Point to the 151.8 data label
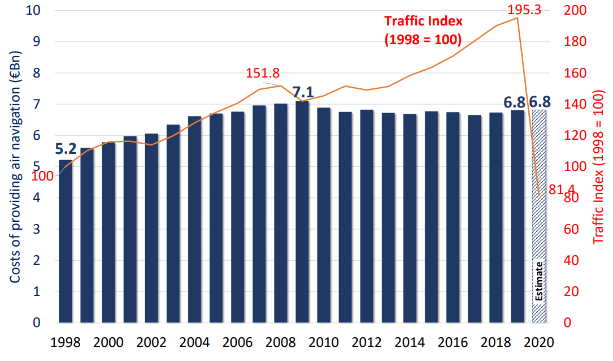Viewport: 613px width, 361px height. pos(263,74)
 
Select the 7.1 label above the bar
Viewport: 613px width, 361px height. pos(303,91)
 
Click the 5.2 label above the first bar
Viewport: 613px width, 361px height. pos(66,149)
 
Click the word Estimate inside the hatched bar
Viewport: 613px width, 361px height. pos(539,282)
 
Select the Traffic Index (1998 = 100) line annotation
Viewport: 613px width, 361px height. pos(423,31)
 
